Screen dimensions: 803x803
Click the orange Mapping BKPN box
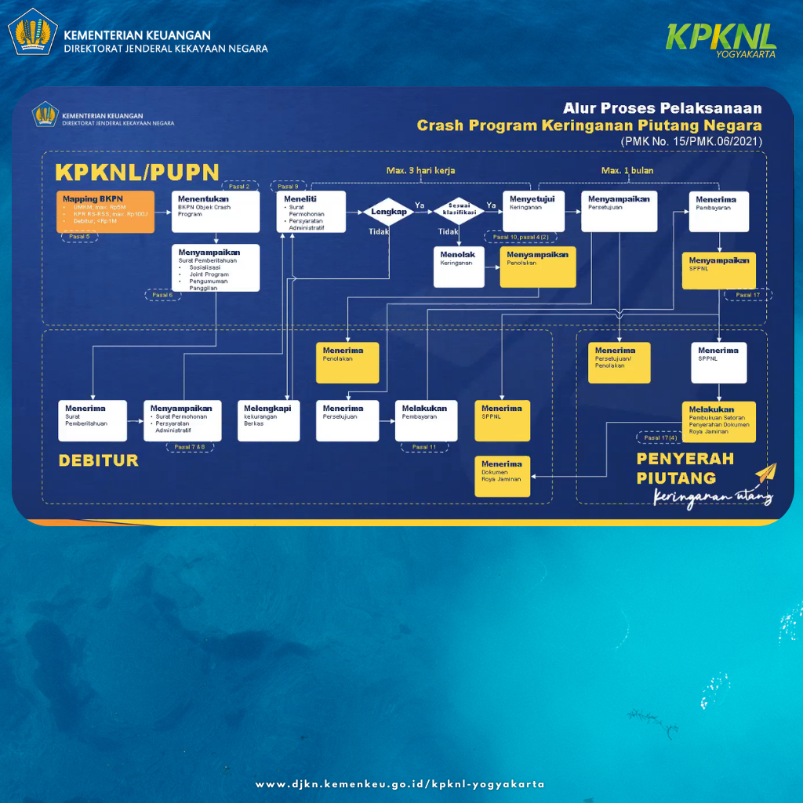(105, 211)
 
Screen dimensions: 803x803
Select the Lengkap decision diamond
(389, 212)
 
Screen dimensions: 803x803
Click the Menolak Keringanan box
(459, 267)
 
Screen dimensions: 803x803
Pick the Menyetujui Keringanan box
(532, 211)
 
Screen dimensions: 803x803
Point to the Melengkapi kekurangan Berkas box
(268, 420)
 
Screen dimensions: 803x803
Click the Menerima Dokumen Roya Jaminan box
(502, 476)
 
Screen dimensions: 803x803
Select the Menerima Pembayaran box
(718, 211)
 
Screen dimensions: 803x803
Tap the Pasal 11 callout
(424, 447)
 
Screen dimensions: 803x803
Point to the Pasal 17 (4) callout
(660, 438)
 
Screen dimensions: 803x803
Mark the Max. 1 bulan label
(627, 170)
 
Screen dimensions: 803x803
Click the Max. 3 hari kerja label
(420, 170)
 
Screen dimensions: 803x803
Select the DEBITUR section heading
(98, 460)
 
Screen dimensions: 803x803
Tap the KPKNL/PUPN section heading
(136, 172)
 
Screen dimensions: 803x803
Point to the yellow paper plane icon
(765, 474)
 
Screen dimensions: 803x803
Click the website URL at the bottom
(400, 784)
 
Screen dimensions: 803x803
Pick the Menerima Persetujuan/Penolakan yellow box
(620, 363)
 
